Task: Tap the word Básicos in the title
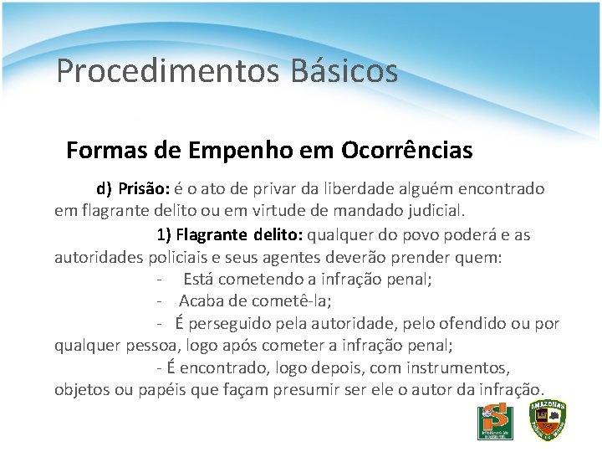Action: (344, 71)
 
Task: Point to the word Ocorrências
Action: (407, 151)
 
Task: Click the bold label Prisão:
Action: (144, 189)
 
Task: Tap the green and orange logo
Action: (495, 423)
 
